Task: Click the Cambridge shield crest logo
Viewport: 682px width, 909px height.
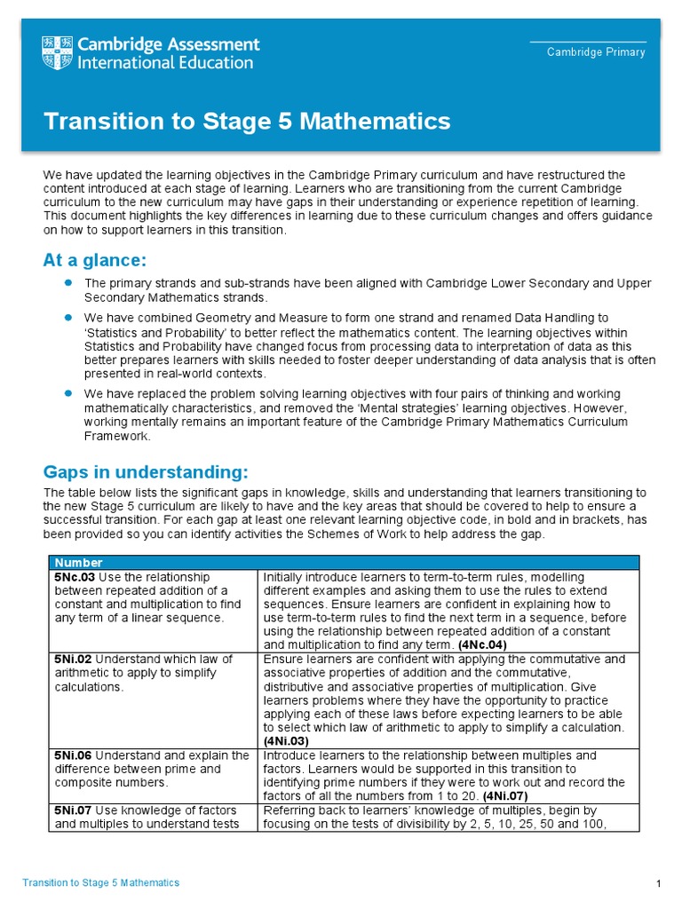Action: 58,53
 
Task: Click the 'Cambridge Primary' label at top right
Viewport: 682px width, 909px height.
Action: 596,52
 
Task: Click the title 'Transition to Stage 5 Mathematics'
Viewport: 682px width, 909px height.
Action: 247,121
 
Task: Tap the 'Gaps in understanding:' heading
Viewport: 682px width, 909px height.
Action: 146,470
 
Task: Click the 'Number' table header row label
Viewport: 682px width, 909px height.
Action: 78,563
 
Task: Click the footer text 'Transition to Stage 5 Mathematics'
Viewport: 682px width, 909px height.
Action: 100,883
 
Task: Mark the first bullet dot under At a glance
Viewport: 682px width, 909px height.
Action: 67,282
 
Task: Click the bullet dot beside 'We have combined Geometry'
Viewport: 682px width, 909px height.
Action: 67,316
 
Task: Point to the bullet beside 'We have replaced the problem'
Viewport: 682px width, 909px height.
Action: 67,392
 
